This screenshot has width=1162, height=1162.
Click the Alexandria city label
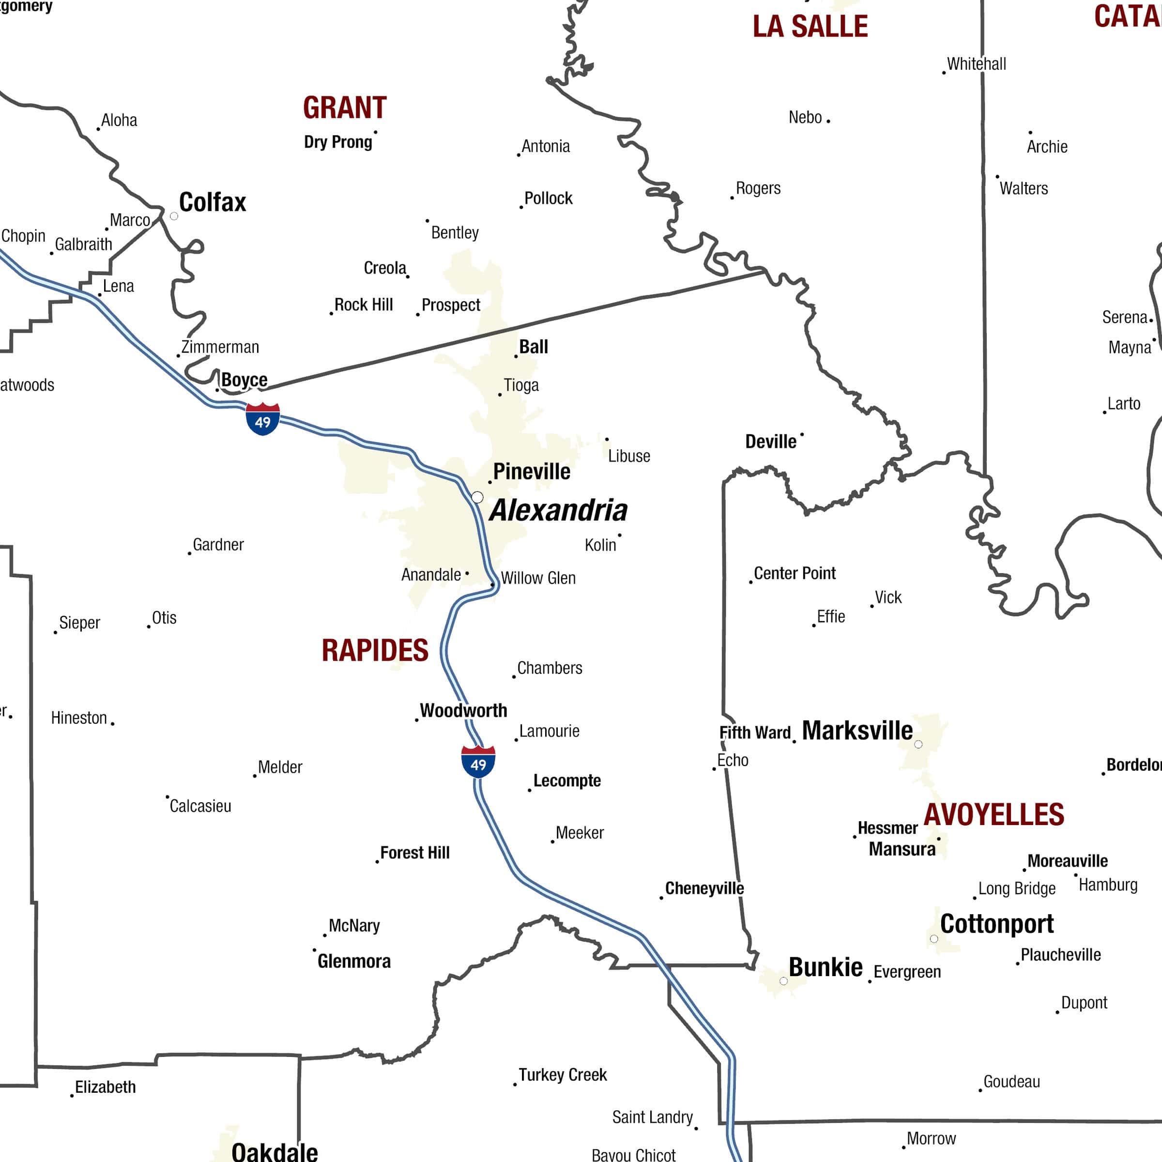(558, 511)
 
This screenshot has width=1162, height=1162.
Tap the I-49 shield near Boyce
(263, 419)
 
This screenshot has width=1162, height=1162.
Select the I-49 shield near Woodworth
(478, 762)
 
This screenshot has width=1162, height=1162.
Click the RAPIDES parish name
(375, 651)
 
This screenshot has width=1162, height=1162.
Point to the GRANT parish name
(345, 108)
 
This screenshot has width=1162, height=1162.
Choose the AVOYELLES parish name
(994, 815)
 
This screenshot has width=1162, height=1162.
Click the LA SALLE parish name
(810, 27)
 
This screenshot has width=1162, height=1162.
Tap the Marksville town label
(857, 731)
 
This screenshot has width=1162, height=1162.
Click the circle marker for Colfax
(174, 216)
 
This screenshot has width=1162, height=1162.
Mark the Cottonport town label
(996, 924)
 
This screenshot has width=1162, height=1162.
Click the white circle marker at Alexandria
(477, 497)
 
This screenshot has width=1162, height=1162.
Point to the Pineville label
(532, 472)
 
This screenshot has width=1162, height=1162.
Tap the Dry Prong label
(338, 142)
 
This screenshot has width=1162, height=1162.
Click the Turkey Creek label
(562, 1075)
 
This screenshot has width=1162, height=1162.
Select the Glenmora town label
(353, 961)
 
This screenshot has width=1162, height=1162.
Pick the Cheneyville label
(704, 888)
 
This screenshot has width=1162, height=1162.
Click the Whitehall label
(976, 64)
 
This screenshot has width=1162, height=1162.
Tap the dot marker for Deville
(802, 434)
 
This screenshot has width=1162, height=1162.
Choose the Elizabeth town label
(105, 1087)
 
